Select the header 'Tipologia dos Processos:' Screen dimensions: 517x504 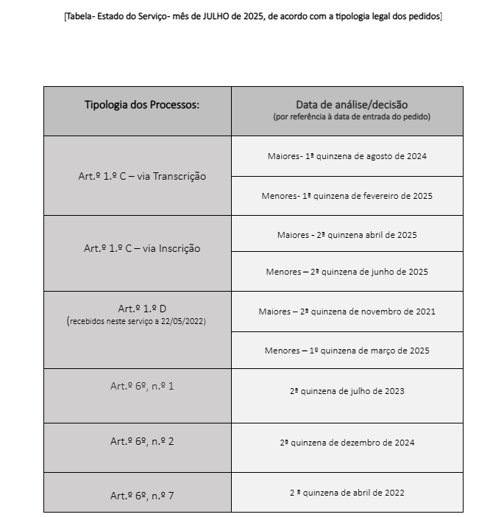tap(141, 105)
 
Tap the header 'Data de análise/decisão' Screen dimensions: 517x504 tap(351, 105)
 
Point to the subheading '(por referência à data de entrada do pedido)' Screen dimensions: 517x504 tap(351, 116)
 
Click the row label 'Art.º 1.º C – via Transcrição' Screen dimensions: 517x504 tap(142, 176)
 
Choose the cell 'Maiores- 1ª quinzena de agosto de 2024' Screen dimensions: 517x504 tap(347, 156)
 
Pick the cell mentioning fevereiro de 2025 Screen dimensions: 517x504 tap(347, 196)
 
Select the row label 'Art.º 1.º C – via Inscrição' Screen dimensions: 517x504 tap(142, 248)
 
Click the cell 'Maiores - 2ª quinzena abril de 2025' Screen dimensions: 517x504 tap(347, 235)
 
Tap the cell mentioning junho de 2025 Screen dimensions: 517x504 tap(347, 272)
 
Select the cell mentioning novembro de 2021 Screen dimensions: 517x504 tap(347, 312)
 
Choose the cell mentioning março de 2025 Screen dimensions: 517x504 tap(347, 351)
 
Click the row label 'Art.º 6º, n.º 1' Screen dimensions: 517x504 tap(142, 385)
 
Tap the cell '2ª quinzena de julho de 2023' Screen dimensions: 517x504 tap(347, 391)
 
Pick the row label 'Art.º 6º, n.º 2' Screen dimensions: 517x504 tap(142, 441)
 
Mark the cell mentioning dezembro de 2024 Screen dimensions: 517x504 tap(347, 443)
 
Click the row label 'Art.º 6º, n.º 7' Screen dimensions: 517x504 tap(142, 496)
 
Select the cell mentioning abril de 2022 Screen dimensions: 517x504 tap(347, 493)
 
